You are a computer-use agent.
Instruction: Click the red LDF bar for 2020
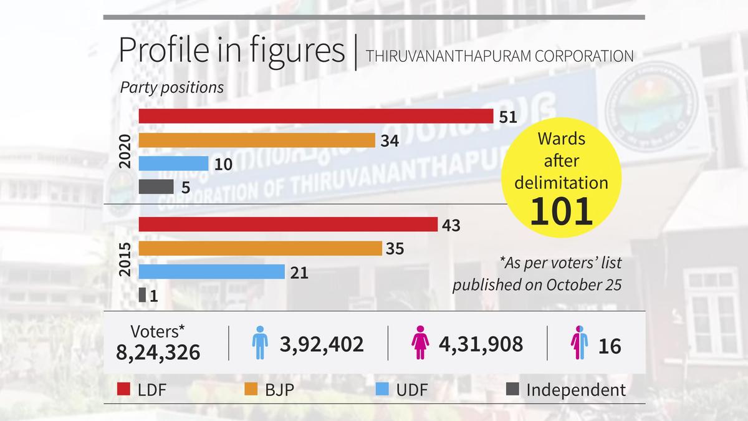315,117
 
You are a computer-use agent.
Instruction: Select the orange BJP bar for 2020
256,140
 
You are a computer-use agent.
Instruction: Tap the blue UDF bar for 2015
211,272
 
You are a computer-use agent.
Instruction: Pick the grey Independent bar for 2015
142,295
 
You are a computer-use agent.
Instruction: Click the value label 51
509,117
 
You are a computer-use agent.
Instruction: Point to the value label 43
450,225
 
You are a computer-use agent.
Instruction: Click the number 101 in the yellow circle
562,212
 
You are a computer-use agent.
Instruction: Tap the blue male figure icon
259,343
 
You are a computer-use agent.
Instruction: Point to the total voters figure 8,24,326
158,352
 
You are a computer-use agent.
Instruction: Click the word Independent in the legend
576,390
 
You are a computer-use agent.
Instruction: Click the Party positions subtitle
171,87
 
